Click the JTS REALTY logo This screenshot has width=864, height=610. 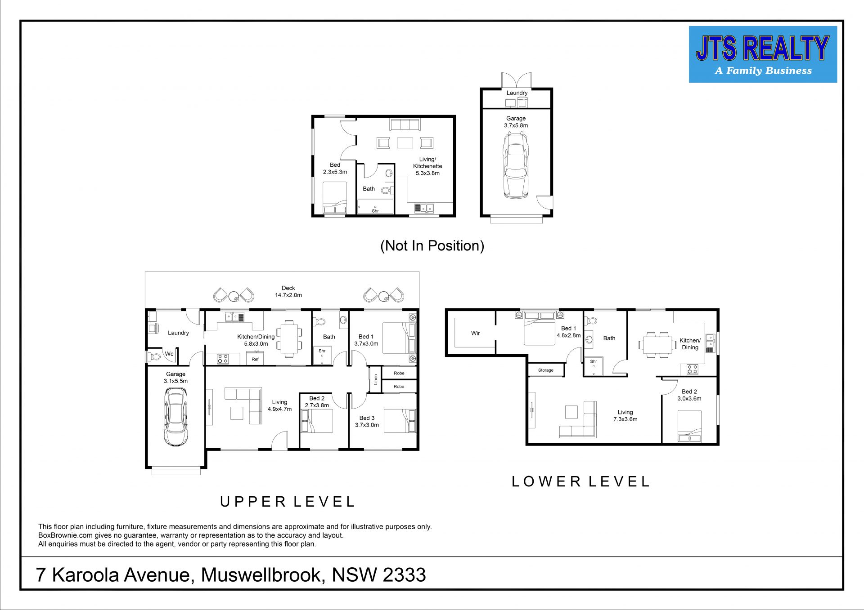pos(763,54)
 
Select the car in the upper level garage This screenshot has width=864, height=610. pos(175,417)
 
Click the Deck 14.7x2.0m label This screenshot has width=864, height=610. pos(288,292)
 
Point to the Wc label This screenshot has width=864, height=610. pos(169,354)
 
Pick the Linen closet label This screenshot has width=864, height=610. pos(376,379)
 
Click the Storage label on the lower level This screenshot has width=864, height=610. pos(546,370)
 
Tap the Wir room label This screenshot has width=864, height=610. pos(476,333)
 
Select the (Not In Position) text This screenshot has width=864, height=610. pos(432,246)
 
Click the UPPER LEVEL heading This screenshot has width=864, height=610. pos(288,502)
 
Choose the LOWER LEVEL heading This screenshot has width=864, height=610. pos(581,482)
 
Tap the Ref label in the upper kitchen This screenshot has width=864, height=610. pos(255,359)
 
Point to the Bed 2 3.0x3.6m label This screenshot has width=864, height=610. pos(689,395)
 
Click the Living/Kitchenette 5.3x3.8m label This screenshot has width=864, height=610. pos(427,166)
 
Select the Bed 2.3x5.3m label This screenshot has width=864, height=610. pos(335,169)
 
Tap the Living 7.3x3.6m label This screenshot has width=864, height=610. pos(625,416)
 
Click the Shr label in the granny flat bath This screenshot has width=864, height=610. pos(375,211)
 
